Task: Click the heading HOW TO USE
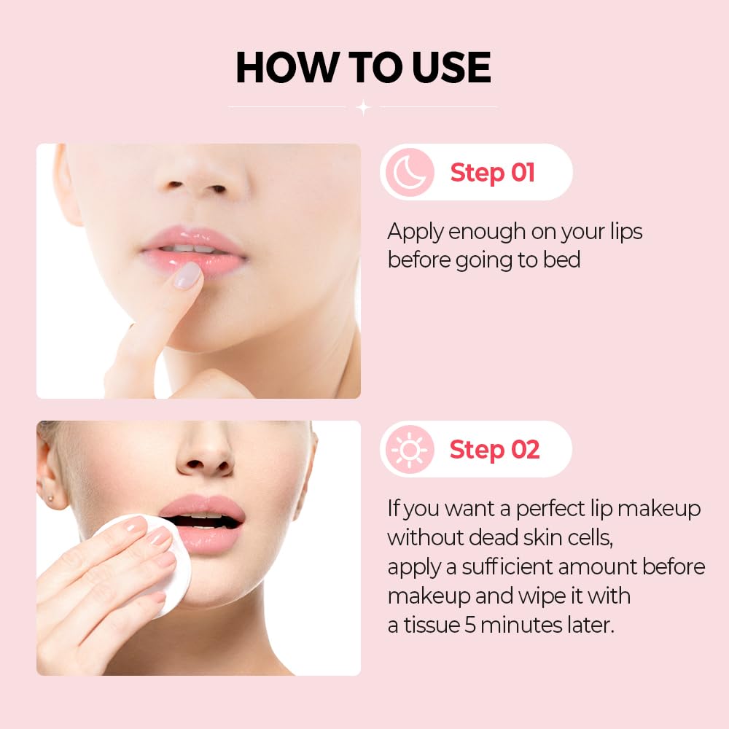pos(363,69)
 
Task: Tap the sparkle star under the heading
pos(363,108)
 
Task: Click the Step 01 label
pos(492,173)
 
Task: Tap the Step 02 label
pos(494,450)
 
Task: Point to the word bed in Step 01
pos(561,260)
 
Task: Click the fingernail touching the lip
pos(188,276)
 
